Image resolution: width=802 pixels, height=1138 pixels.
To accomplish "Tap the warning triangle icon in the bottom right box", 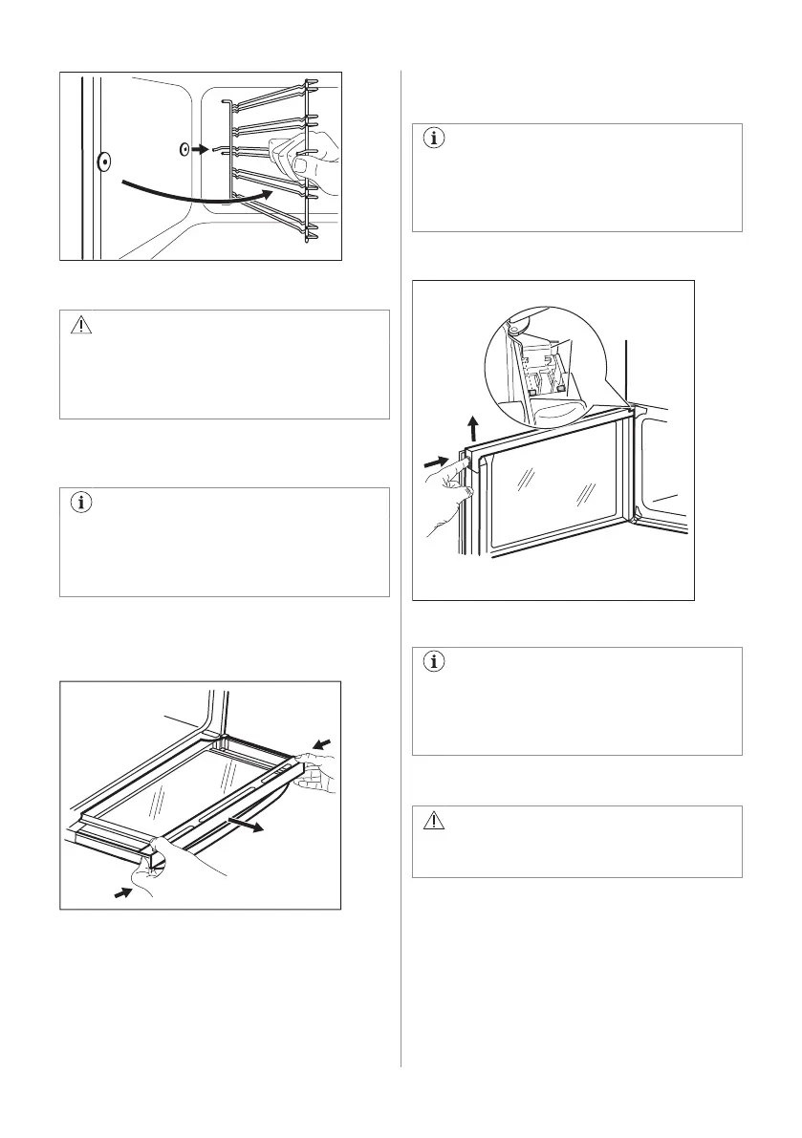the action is coord(435,821).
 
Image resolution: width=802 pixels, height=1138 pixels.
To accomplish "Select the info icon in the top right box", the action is coord(435,139).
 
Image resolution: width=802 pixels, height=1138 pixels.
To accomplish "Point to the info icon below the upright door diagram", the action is coord(435,662).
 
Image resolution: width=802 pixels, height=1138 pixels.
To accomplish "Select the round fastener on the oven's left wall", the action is coord(103,162).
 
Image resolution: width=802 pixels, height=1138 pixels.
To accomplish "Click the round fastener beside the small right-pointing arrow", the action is coord(186,150).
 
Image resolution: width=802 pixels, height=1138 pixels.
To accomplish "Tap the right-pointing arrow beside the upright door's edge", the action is coord(435,462).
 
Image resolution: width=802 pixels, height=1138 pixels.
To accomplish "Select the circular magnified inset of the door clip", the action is coord(545,364).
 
